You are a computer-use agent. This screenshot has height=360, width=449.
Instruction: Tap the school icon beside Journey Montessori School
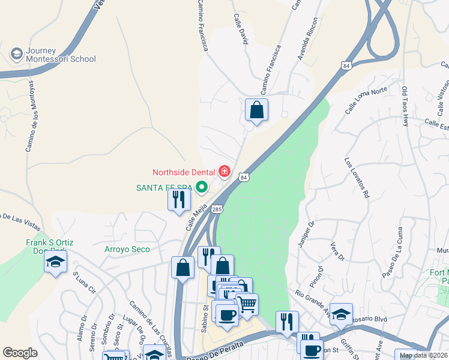(16, 55)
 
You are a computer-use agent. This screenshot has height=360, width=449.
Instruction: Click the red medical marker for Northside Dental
(224, 172)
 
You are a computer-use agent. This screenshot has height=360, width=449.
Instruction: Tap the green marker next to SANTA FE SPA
(202, 188)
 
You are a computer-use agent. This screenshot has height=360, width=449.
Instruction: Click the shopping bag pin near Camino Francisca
(256, 110)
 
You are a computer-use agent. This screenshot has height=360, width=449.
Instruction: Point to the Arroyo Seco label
(127, 248)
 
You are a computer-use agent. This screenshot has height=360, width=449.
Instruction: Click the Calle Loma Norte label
(366, 99)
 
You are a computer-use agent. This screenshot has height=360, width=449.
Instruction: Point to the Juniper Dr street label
(306, 235)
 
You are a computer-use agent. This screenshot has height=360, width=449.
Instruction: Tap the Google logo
(20, 353)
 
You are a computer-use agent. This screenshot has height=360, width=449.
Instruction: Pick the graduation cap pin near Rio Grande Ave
(341, 314)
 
